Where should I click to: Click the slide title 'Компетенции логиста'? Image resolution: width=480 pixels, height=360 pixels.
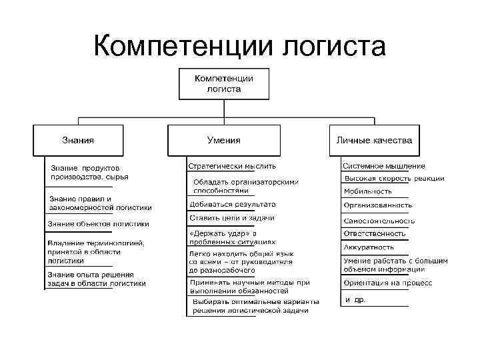click(x=239, y=46)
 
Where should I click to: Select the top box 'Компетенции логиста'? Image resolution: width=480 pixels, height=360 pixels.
click(x=223, y=83)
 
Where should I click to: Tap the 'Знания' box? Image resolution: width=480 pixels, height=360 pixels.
click(x=79, y=141)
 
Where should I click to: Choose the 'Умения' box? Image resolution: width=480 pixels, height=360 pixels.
click(x=223, y=141)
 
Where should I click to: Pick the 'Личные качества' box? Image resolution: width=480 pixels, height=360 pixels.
click(x=374, y=141)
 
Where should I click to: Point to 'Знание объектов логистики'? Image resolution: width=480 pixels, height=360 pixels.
click(x=98, y=224)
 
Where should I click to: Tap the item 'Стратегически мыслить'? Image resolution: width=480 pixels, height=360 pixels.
click(x=232, y=165)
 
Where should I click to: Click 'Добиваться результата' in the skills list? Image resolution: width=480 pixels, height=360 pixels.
click(x=233, y=204)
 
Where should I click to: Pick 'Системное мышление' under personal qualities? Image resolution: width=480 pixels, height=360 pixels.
click(x=384, y=166)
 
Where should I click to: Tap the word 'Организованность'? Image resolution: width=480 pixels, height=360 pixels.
click(x=378, y=205)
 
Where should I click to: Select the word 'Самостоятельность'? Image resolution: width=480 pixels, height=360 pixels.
click(x=379, y=221)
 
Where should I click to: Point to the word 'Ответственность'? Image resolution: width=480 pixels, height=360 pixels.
click(x=375, y=233)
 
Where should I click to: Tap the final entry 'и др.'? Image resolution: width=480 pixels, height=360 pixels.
click(x=355, y=300)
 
